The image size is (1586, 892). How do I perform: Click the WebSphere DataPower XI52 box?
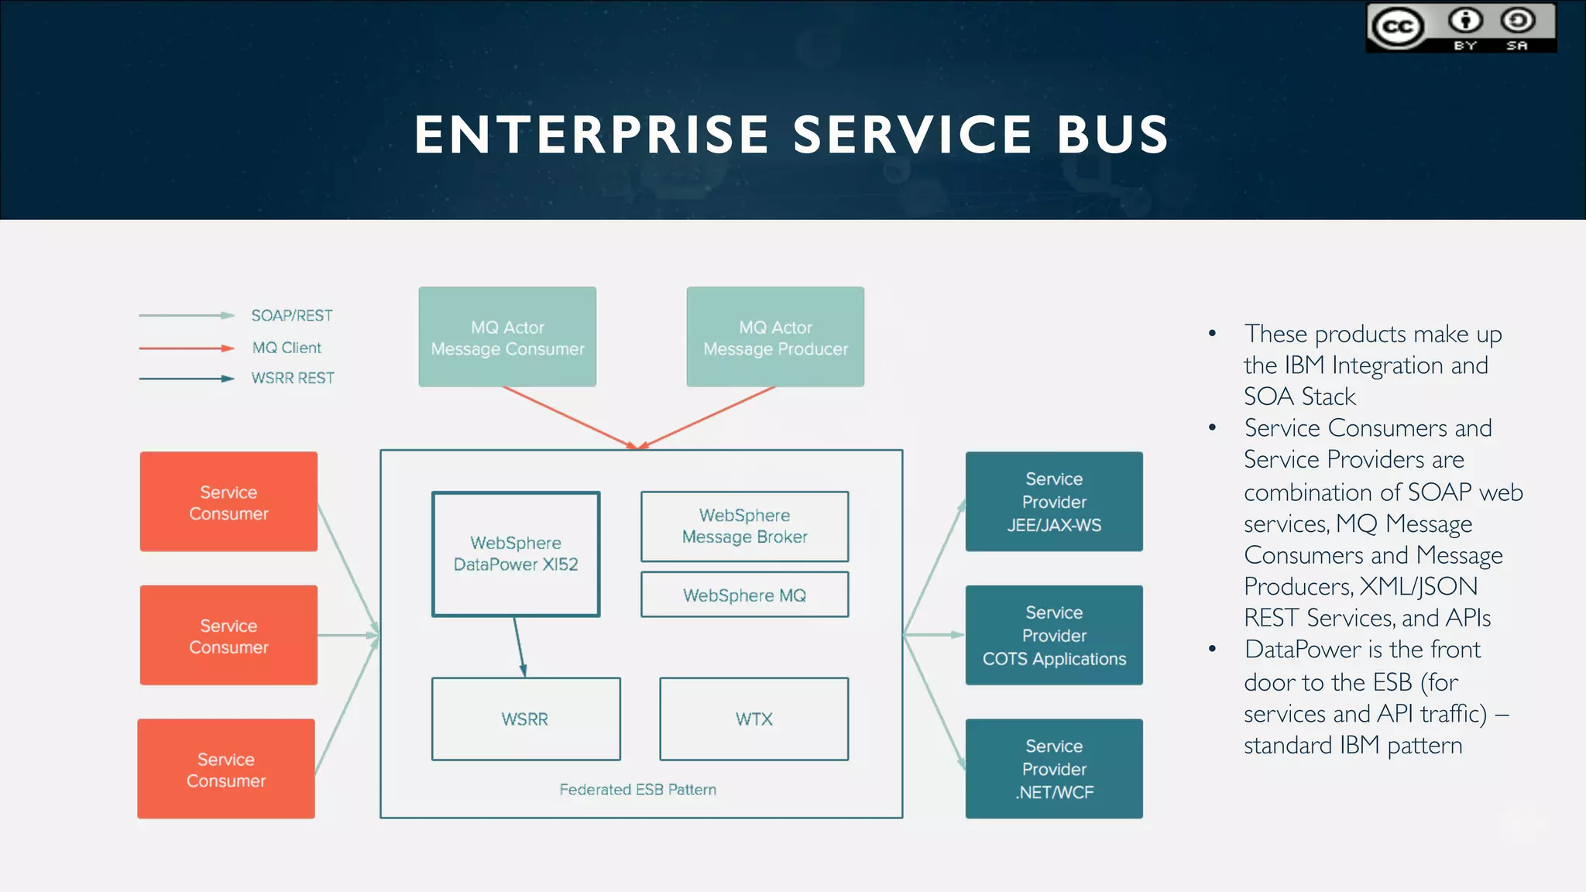pyautogui.click(x=516, y=554)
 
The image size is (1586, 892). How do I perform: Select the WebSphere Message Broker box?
pyautogui.click(x=744, y=527)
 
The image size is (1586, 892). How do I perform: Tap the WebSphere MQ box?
pyautogui.click(x=744, y=595)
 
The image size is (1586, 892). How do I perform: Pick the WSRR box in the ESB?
pyautogui.click(x=525, y=719)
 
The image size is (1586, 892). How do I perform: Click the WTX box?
pyautogui.click(x=754, y=719)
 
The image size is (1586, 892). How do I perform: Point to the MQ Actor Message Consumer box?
pyautogui.click(x=507, y=338)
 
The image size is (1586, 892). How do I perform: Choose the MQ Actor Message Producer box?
pyautogui.click(x=775, y=338)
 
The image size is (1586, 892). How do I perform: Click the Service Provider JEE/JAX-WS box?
pyautogui.click(x=1054, y=502)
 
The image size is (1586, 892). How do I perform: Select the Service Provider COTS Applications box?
pyautogui.click(x=1054, y=635)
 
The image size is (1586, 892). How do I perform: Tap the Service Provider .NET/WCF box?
pyautogui.click(x=1054, y=769)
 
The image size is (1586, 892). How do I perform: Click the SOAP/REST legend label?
pyautogui.click(x=292, y=316)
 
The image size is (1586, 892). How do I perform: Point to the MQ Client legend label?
pyautogui.click(x=287, y=348)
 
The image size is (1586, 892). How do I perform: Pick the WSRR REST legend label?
pyautogui.click(x=293, y=378)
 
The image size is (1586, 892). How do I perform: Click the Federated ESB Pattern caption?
pyautogui.click(x=637, y=790)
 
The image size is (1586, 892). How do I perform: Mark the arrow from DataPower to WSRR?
pyautogui.click(x=520, y=647)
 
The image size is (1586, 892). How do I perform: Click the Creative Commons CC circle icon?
pyautogui.click(x=1398, y=28)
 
